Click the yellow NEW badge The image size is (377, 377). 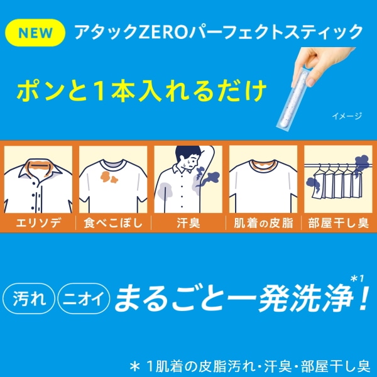tap(35, 33)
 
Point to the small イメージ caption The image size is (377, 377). tap(347, 116)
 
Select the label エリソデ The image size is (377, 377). tap(38, 223)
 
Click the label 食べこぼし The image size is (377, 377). tap(113, 223)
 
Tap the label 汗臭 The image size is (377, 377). tap(188, 223)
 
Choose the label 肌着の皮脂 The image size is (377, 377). tap(263, 223)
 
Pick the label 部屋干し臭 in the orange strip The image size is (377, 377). tap(339, 223)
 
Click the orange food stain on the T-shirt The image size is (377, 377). tap(109, 177)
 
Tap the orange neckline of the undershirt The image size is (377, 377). tap(263, 165)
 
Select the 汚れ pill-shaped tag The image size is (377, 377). tap(29, 299)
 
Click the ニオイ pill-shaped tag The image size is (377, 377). tap(84, 299)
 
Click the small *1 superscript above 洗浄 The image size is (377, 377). tap(358, 278)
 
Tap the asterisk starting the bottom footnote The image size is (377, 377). tap(135, 366)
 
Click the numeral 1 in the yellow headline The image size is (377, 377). tap(99, 90)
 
